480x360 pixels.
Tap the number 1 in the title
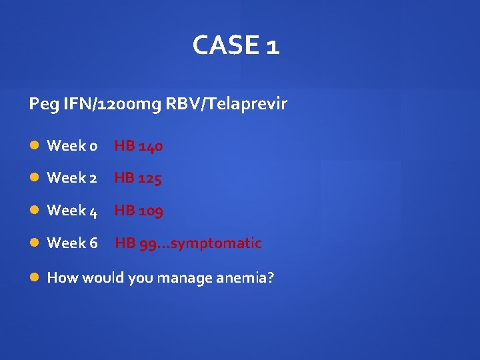(272, 46)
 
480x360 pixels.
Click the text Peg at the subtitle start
(40, 105)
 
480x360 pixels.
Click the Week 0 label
(72, 145)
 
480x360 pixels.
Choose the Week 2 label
(72, 178)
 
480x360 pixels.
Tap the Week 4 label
(72, 211)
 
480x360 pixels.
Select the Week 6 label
(72, 243)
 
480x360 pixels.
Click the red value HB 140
(139, 145)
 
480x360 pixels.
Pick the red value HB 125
(138, 178)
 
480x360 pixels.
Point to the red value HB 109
(139, 211)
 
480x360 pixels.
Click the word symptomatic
(216, 243)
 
